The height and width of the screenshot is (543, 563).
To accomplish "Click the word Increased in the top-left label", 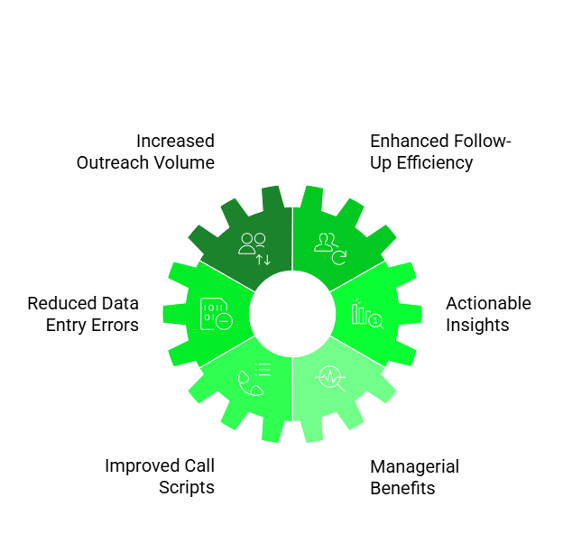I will coord(175,141).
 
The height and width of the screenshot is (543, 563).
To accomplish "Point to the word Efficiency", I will coord(435,162).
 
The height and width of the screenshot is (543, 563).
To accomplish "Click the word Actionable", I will coord(488,303).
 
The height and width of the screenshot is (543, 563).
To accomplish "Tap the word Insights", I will coord(477,325).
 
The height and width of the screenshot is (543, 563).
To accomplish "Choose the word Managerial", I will coord(414,466).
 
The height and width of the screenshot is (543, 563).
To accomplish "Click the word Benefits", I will coord(402,488).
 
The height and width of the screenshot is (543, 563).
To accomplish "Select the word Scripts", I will coord(187,487).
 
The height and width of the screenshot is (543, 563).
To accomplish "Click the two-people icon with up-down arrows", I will coord(254,247).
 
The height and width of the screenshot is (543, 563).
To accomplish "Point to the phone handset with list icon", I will coord(254,379).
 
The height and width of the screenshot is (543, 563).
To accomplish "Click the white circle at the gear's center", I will coord(292,313).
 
